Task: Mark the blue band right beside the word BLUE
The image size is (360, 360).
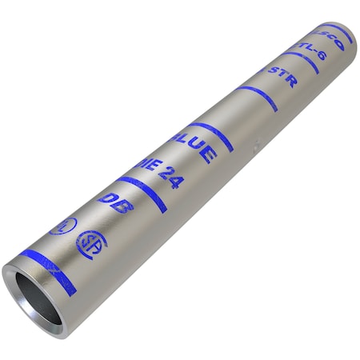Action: tap(214, 137)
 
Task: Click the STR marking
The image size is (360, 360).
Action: tap(280, 77)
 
